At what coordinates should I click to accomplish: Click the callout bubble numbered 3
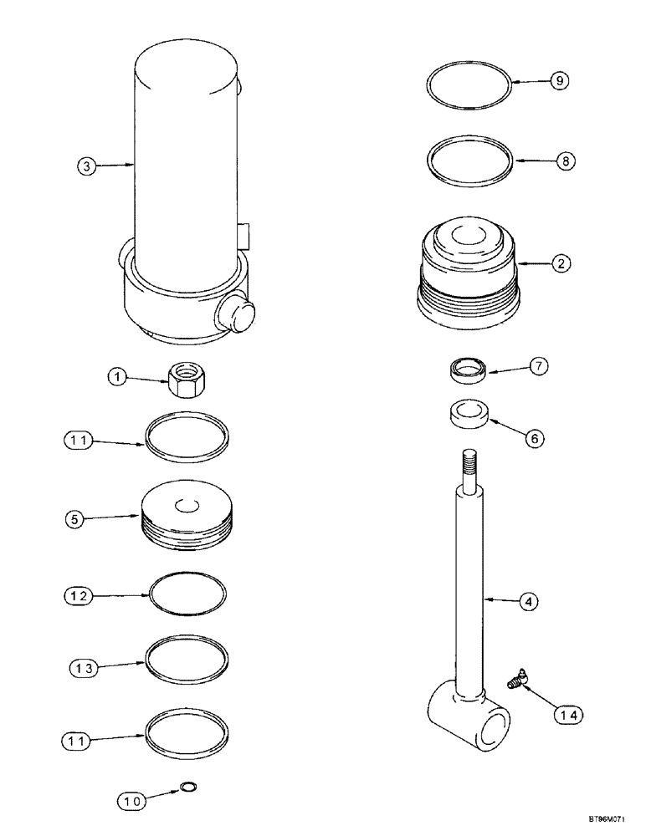[x=85, y=166]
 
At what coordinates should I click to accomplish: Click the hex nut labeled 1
[x=184, y=380]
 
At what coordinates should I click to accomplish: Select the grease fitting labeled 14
[x=515, y=679]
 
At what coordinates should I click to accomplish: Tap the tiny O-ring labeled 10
[x=186, y=787]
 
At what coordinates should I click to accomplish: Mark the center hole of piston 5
[x=186, y=504]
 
